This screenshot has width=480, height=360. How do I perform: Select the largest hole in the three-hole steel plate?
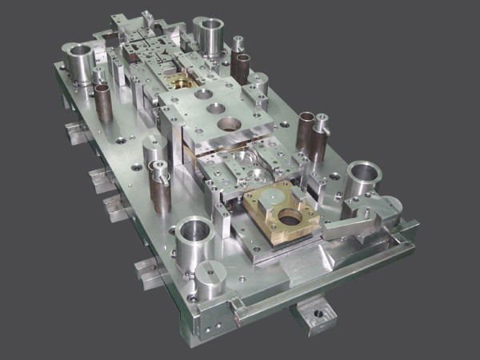(229, 124)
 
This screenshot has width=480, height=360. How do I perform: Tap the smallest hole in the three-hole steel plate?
(203, 94)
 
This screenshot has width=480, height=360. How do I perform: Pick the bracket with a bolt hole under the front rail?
(313, 313)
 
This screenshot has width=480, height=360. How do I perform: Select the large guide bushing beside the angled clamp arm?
(365, 181)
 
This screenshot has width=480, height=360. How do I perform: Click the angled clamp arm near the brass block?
(352, 224)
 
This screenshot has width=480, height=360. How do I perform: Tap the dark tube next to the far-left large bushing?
(103, 100)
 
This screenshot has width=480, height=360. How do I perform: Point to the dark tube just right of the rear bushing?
(241, 67)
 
